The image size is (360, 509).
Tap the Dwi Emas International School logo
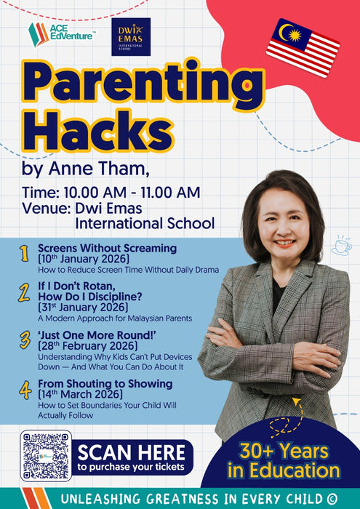(130, 36)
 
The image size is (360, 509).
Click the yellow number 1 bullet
(23, 254)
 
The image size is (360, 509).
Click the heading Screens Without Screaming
(107, 248)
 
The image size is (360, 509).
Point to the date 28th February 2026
(84, 346)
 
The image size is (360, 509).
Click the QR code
(46, 455)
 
